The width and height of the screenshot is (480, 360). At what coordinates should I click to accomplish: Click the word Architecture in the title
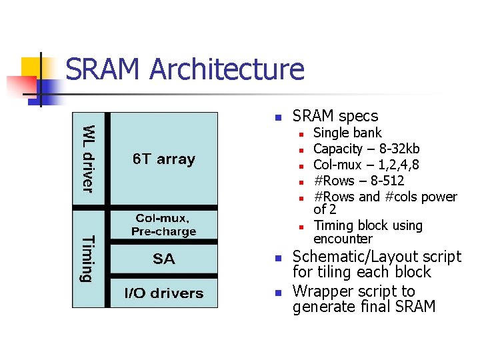click(x=227, y=70)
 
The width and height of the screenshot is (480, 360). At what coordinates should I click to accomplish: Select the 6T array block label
click(x=163, y=159)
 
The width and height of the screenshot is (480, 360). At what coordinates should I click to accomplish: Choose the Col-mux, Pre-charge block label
click(x=163, y=225)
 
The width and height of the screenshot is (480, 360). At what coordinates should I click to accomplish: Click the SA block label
click(x=163, y=259)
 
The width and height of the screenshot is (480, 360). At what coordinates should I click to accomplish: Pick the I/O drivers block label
click(x=163, y=293)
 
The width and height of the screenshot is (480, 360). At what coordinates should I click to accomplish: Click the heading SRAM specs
click(x=335, y=116)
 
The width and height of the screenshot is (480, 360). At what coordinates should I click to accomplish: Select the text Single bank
click(x=347, y=133)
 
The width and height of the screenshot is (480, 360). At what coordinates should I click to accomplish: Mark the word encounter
click(x=343, y=239)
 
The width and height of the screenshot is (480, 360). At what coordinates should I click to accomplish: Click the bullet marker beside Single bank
click(x=301, y=133)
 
